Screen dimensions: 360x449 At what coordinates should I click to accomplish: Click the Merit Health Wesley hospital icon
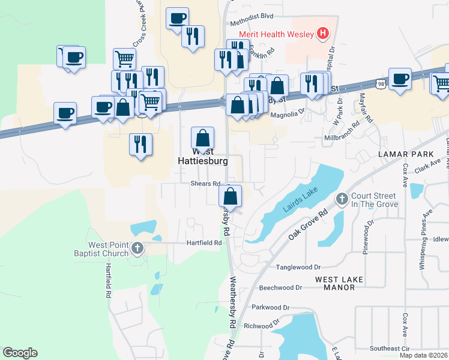coord(323,34)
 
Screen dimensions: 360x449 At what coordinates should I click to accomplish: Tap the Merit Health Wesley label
coord(277,34)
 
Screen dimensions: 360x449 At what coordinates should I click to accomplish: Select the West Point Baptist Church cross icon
coord(137,248)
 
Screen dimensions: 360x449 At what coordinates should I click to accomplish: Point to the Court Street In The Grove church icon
coord(342,199)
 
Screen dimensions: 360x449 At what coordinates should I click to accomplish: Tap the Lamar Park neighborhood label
coord(406,155)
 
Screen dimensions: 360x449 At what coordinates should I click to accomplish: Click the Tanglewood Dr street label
coord(298,267)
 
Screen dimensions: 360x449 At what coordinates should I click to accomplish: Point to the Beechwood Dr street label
coord(281,288)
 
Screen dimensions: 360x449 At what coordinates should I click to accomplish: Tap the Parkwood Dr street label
coord(271,308)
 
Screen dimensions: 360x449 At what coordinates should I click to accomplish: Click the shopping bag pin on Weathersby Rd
coord(231,196)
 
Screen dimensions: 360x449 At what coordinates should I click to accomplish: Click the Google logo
coord(20,353)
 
